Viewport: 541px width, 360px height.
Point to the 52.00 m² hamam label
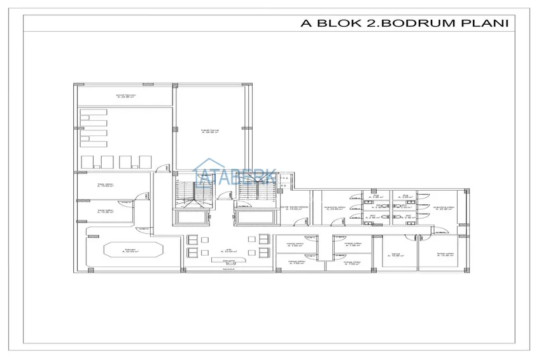(130, 251)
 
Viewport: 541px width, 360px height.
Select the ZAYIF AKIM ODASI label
(295, 209)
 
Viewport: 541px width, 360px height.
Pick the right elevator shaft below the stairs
(256, 217)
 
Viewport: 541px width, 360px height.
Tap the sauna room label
(395, 255)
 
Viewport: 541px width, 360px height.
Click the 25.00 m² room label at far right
(444, 209)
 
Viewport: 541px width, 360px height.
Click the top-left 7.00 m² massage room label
(293, 244)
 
